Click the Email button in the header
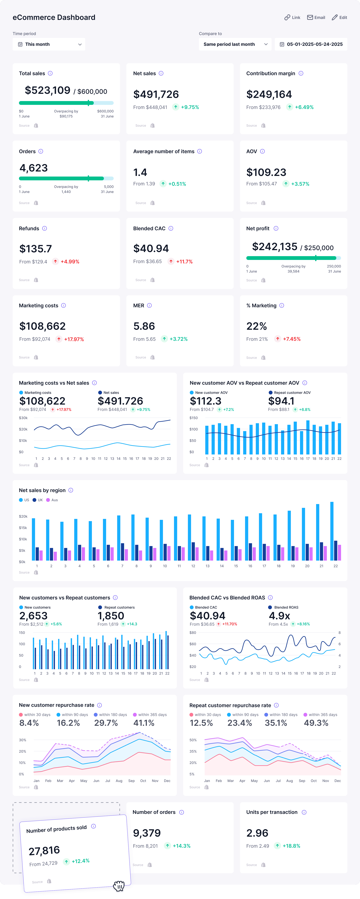[316, 18]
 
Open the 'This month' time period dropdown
[49, 44]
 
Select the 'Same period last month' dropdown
[235, 44]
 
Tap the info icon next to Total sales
[50, 73]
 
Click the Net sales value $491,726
[156, 94]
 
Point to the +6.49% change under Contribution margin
[304, 107]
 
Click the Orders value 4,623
[33, 168]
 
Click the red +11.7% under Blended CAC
[184, 261]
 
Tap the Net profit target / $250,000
[317, 248]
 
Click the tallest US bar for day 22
[332, 530]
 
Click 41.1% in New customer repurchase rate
[144, 723]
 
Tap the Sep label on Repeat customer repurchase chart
[302, 781]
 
